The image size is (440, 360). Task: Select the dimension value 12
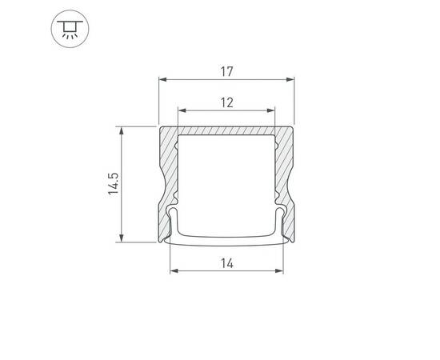(x=226, y=102)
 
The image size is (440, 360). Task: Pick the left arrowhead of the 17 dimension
(x=162, y=80)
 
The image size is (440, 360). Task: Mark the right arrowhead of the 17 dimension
(x=290, y=80)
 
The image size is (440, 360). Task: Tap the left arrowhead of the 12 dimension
(x=180, y=110)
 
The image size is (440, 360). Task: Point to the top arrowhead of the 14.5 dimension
(x=122, y=129)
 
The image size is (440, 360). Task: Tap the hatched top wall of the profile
(x=226, y=131)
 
